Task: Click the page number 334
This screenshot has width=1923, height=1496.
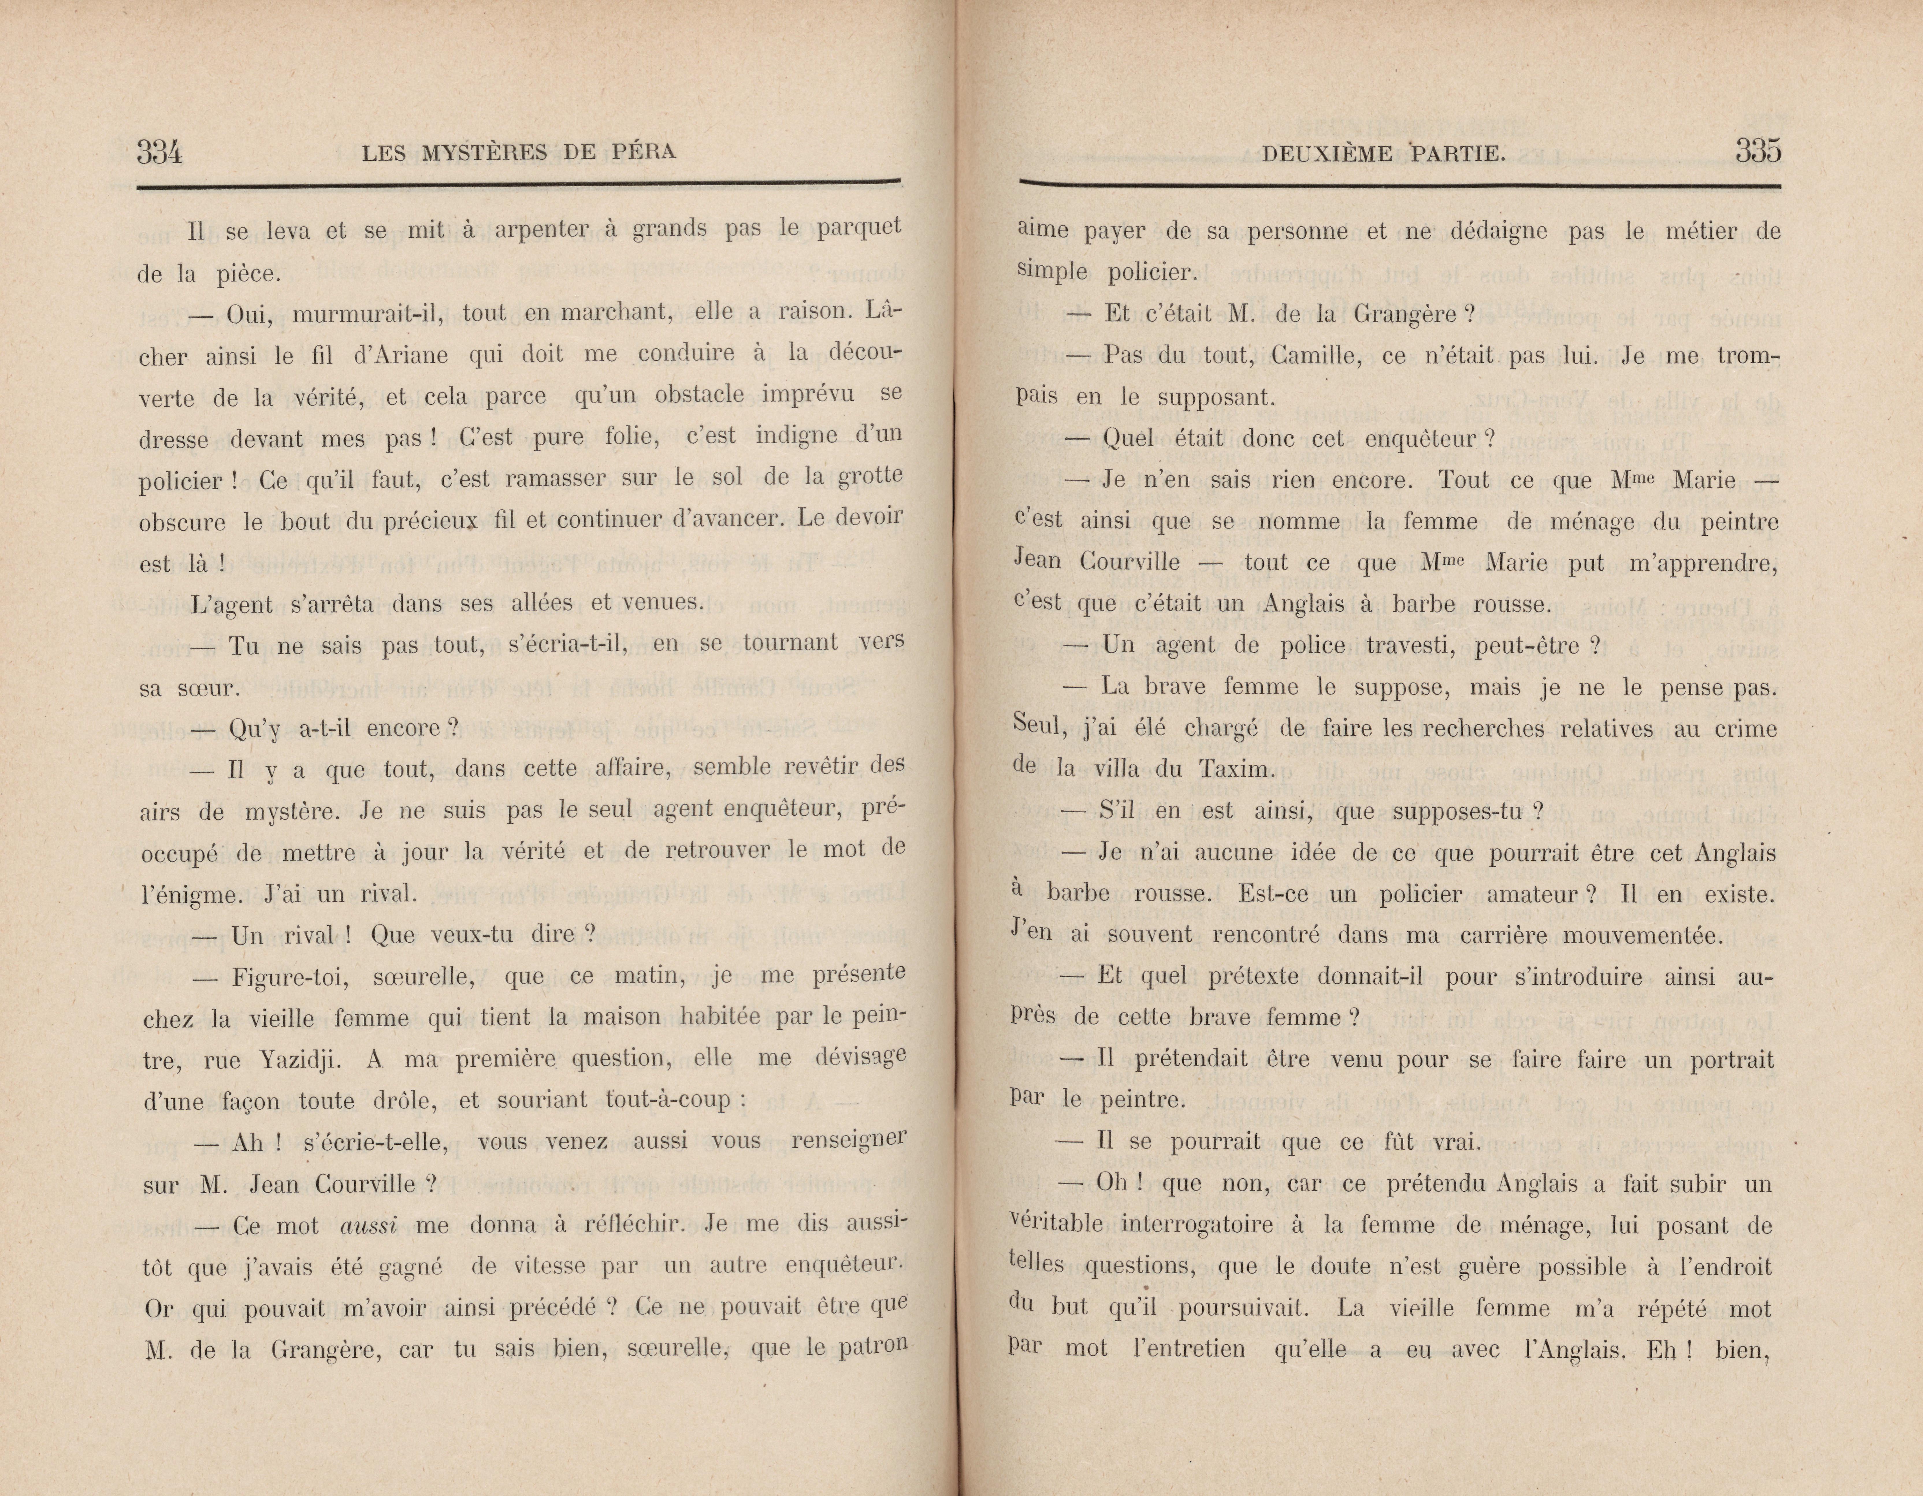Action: coord(159,152)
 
